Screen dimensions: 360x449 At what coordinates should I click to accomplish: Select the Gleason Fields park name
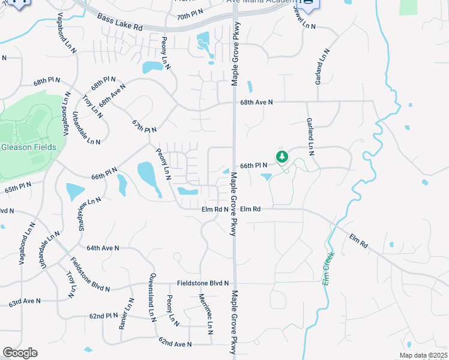click(x=29, y=147)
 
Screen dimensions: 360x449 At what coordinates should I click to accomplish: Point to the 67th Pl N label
click(x=144, y=126)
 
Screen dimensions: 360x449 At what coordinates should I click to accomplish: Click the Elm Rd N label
click(x=214, y=209)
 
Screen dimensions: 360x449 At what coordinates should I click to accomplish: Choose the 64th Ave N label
click(x=103, y=248)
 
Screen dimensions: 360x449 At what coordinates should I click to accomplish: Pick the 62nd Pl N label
click(x=104, y=315)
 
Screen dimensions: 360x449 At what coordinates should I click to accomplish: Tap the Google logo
click(x=20, y=353)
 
